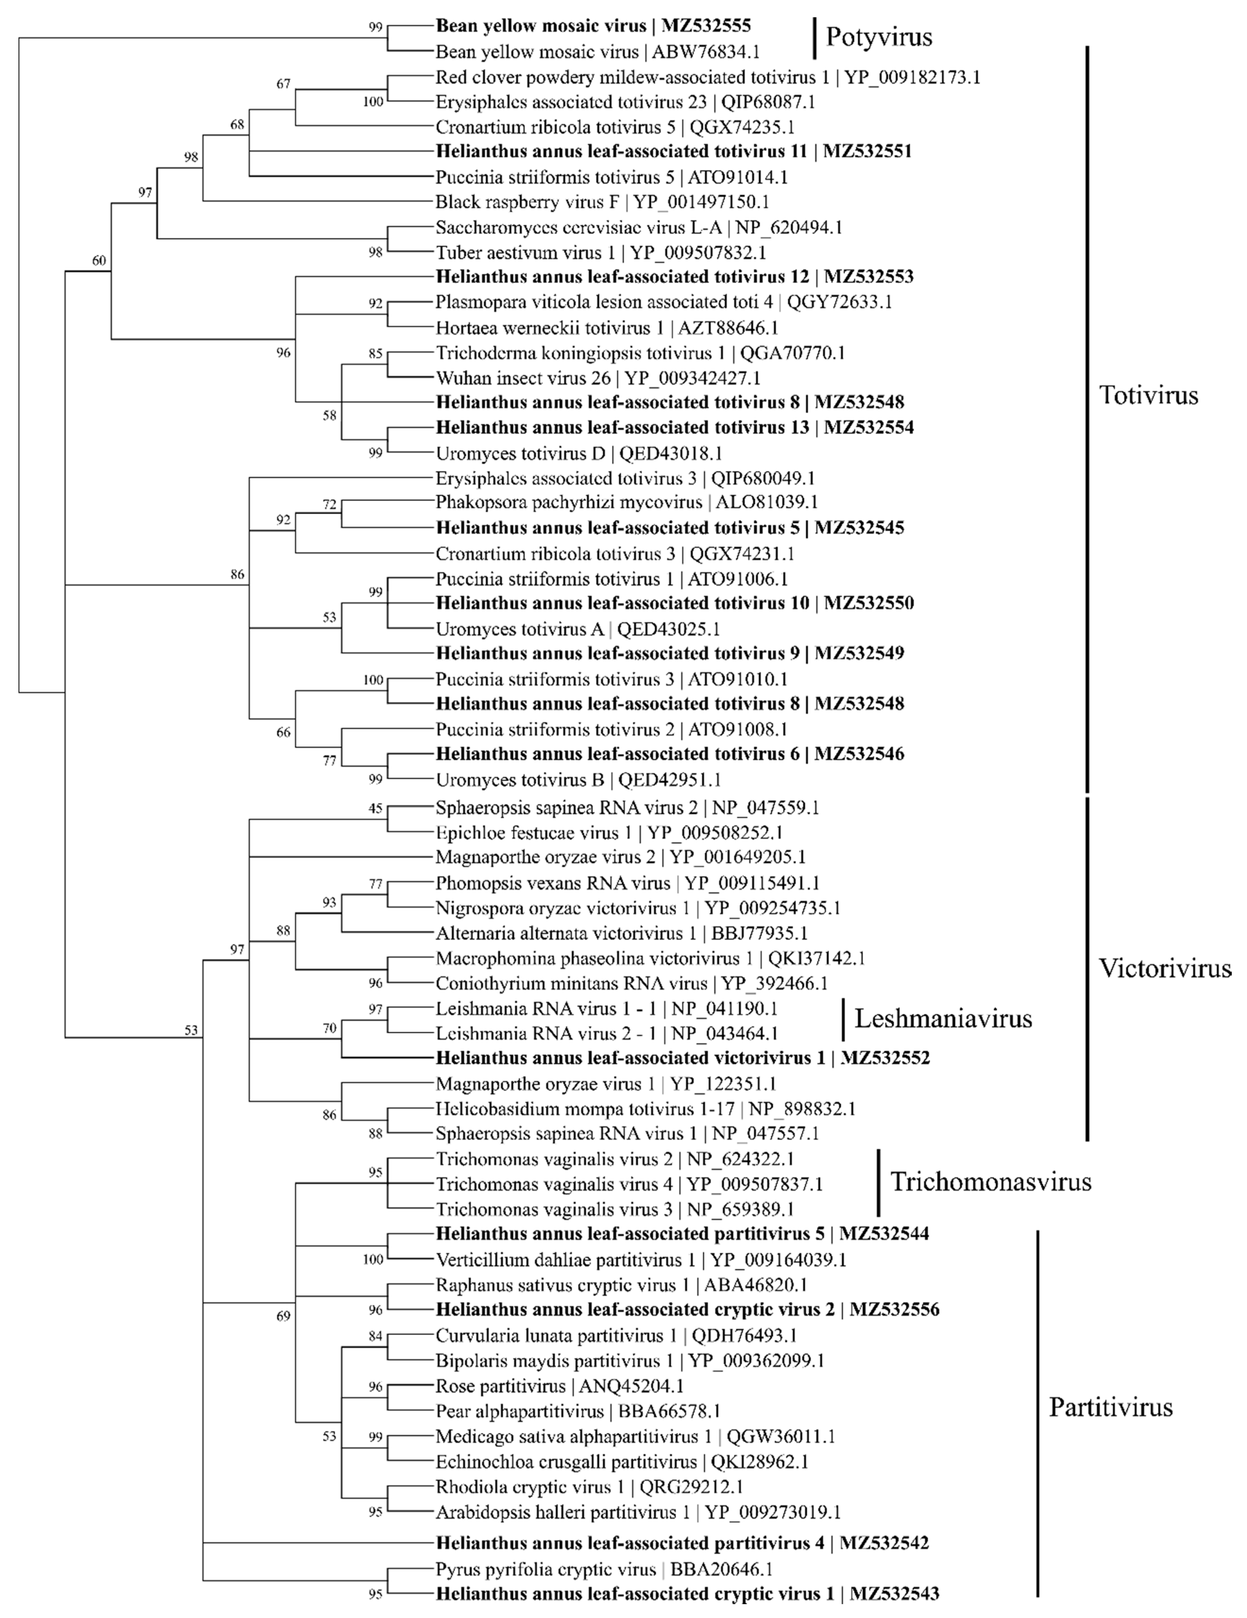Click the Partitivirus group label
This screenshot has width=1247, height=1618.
coord(1111,1407)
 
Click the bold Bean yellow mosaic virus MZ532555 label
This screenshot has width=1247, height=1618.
coord(593,26)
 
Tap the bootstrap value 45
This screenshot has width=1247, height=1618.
coord(375,808)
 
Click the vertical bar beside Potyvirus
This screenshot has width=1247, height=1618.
coord(814,38)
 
